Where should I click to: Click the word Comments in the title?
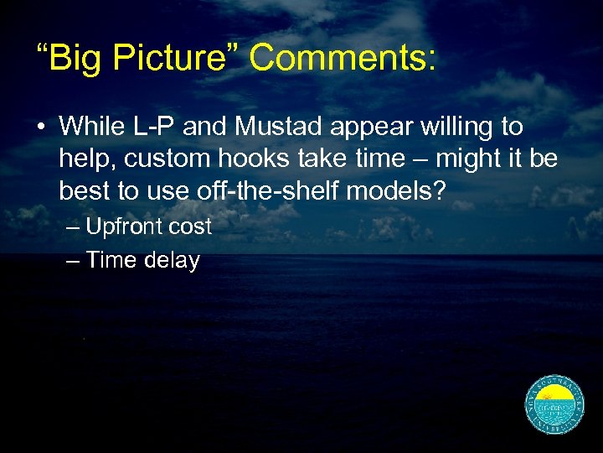343,59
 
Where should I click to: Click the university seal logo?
554,405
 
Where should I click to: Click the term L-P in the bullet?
152,128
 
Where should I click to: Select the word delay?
172,261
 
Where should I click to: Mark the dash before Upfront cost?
73,226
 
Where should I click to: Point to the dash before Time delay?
73,261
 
